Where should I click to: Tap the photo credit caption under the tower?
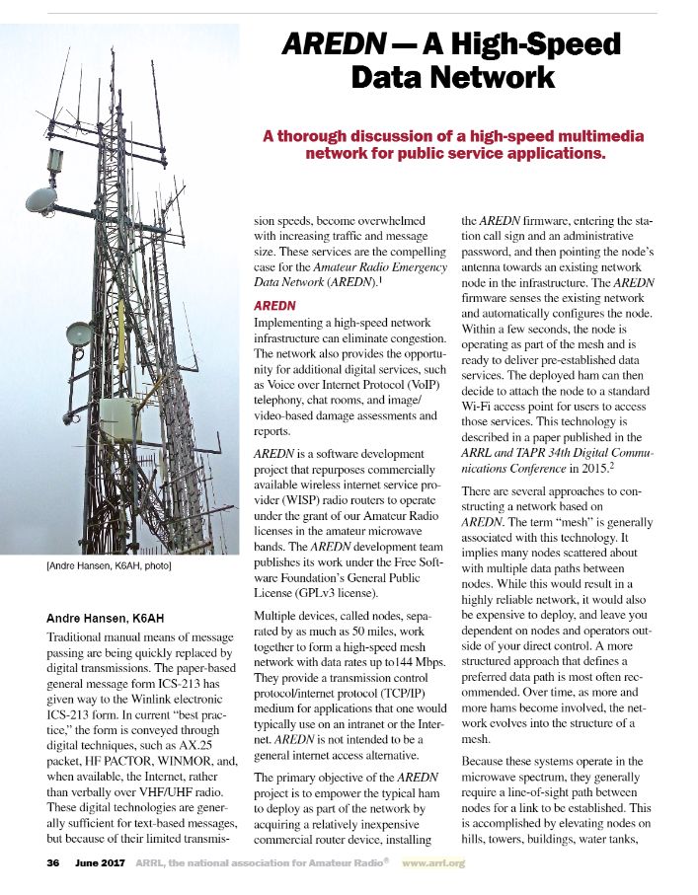coord(110,566)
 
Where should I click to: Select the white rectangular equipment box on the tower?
coord(119,419)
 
